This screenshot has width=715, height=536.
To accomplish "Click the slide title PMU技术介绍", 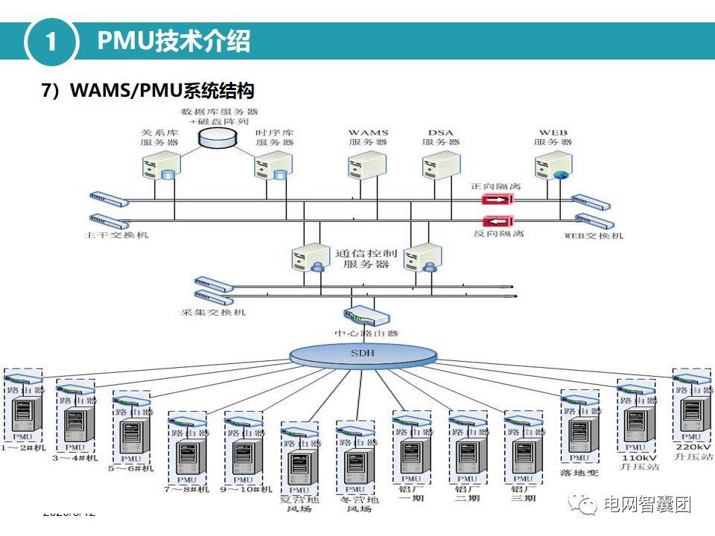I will click(174, 41).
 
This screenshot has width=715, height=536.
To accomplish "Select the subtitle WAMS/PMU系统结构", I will click(147, 91).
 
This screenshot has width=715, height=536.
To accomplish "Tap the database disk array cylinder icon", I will click(216, 137).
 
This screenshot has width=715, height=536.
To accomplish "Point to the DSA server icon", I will click(439, 165).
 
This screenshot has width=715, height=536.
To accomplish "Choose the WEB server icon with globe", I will click(552, 165).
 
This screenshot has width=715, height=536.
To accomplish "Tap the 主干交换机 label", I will click(118, 235).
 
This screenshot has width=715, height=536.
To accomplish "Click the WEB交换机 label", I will click(594, 236).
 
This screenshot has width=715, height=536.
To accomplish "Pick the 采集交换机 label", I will click(213, 312).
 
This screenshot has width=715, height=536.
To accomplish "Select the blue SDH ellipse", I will click(363, 354).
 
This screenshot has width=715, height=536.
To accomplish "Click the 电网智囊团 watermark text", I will click(646, 505).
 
